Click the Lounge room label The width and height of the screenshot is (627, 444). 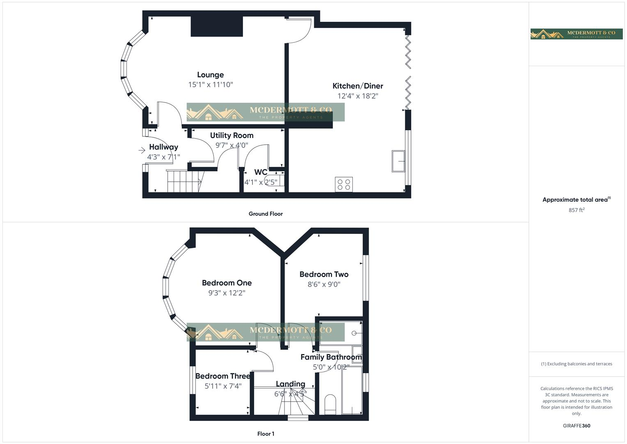click(x=210, y=75)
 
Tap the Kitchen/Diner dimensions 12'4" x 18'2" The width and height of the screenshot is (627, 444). click(x=358, y=96)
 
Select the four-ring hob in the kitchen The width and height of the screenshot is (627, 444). click(x=344, y=185)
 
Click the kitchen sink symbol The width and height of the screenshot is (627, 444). click(x=398, y=161)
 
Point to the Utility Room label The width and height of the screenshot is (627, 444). click(x=232, y=135)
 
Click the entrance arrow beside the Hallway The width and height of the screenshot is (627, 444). click(x=142, y=150)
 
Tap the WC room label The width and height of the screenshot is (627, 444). click(x=261, y=172)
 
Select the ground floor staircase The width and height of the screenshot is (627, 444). click(x=184, y=181)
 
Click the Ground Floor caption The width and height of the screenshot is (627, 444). click(x=265, y=214)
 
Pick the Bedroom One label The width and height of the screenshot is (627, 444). click(x=227, y=283)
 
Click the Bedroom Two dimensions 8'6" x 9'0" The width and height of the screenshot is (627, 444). click(x=324, y=284)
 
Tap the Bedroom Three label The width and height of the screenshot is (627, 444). click(x=223, y=376)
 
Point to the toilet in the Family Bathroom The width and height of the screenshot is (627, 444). click(x=330, y=404)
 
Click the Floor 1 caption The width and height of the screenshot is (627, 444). click(x=266, y=434)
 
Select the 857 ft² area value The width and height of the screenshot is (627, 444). click(x=576, y=210)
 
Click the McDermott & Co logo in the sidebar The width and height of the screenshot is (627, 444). click(x=576, y=34)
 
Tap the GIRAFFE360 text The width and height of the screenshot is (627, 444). click(x=576, y=426)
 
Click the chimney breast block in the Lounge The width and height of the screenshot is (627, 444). click(x=216, y=26)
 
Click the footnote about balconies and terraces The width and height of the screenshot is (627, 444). click(x=576, y=364)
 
